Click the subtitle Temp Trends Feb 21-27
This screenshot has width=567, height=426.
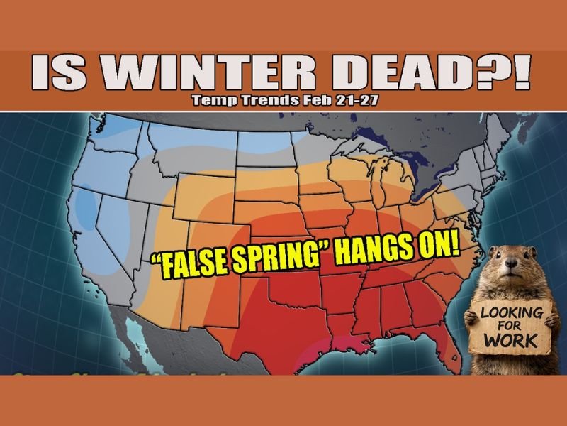[x=284, y=101]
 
